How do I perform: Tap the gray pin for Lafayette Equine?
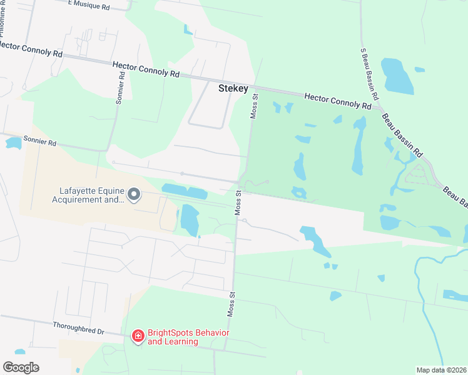tap(134, 196)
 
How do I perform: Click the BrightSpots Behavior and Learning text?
tap(188, 337)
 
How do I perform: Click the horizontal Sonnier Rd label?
tap(39, 142)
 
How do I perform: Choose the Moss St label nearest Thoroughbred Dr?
tap(231, 302)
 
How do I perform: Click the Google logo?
tap(21, 367)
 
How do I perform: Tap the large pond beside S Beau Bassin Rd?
tap(396, 76)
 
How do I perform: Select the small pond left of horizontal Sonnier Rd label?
tap(13, 142)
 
